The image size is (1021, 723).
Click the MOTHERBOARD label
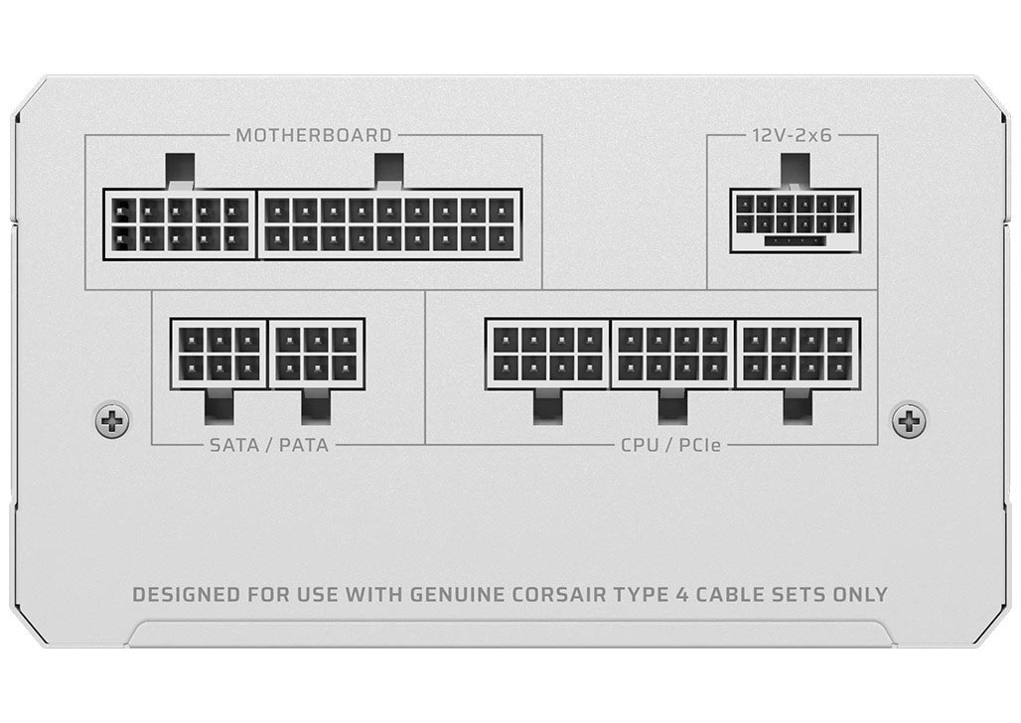click(x=314, y=135)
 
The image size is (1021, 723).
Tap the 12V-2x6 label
click(x=792, y=135)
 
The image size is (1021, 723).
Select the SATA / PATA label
click(x=269, y=445)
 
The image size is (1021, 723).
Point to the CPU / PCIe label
click(x=670, y=445)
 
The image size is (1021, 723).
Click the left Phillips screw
click(x=112, y=421)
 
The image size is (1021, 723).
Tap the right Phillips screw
click(x=909, y=421)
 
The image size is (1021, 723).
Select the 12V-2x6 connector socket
click(x=796, y=220)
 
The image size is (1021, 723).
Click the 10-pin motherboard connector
click(x=180, y=224)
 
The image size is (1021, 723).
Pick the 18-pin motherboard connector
click(x=390, y=224)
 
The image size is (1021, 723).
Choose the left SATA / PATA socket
click(x=219, y=354)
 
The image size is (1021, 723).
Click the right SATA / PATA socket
click(x=317, y=354)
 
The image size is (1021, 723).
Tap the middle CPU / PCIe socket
click(x=673, y=354)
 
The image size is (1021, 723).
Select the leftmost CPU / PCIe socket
click(x=547, y=354)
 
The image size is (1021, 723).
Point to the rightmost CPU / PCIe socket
click(x=799, y=354)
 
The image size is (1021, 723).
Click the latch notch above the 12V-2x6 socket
click(x=796, y=171)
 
